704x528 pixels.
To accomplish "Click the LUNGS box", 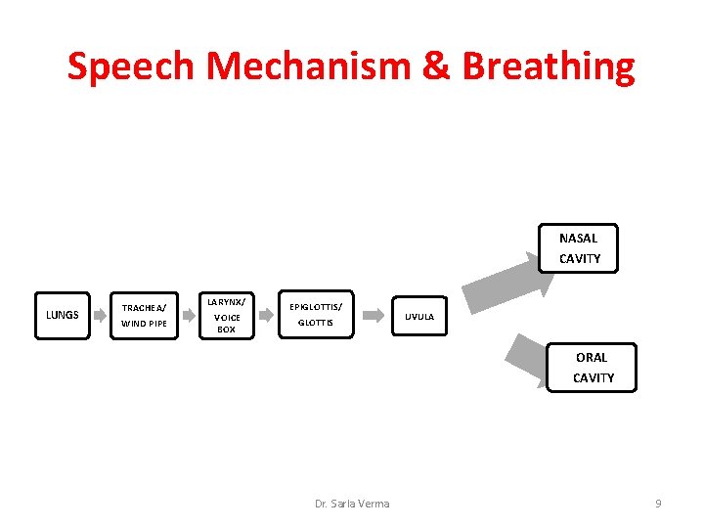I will [x=63, y=315].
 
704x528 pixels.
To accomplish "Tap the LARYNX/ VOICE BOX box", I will [x=226, y=315].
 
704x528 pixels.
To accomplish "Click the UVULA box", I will [x=419, y=316].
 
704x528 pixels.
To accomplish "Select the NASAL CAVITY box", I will [x=579, y=248].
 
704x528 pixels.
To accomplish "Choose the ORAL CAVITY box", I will [x=593, y=368].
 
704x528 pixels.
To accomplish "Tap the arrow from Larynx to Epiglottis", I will [x=265, y=316].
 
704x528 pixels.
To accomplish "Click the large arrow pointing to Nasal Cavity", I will [x=499, y=278].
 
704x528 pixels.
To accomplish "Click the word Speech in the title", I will [x=131, y=66].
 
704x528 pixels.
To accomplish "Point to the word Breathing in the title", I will [x=549, y=66].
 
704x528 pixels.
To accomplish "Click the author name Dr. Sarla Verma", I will [x=352, y=504].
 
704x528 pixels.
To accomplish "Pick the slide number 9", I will [x=658, y=504].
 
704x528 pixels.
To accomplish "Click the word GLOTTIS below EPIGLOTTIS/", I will [x=315, y=323].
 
